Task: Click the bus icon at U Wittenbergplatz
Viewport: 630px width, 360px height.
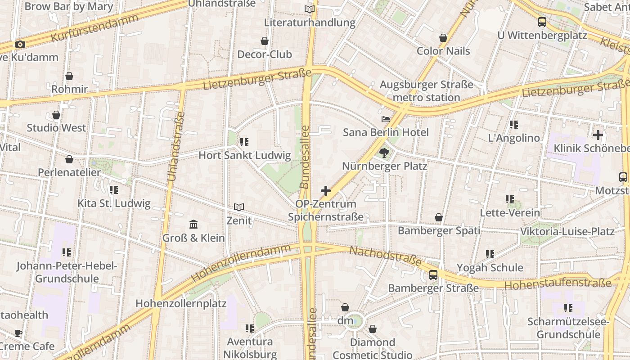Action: point(542,22)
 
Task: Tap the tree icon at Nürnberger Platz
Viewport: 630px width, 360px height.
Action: point(384,153)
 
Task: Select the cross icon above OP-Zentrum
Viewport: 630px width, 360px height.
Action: point(325,191)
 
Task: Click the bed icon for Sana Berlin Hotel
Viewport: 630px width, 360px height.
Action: point(386,119)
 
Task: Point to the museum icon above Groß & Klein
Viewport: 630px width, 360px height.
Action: point(193,224)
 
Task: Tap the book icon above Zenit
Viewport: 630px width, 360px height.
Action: point(239,207)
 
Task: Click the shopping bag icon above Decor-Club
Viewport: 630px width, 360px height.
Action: point(265,41)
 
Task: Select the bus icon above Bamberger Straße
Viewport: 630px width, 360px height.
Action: point(433,274)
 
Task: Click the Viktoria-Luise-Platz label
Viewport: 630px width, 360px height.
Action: point(567,232)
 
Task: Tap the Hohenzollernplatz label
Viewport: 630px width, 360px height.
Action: point(181,303)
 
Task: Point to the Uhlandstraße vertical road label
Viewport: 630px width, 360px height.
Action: point(176,146)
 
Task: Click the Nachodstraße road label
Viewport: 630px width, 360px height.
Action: point(386,256)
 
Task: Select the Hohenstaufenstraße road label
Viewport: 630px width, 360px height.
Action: point(558,284)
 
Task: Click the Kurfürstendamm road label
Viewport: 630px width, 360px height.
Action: point(94,28)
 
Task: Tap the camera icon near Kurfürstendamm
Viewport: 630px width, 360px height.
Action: point(20,44)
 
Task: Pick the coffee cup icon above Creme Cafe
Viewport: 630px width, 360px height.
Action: point(18,333)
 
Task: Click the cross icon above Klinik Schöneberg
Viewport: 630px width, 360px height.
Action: point(598,135)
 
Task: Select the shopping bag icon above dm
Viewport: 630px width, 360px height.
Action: point(345,307)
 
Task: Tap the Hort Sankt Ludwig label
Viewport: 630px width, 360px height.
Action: point(245,156)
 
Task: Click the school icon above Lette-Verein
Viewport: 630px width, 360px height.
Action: point(509,199)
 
